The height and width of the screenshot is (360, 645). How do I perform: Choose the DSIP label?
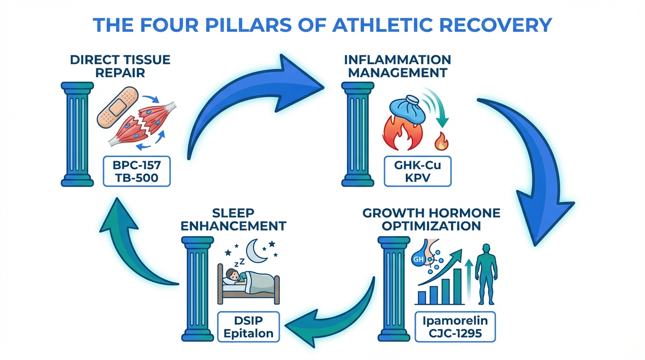tap(249, 321)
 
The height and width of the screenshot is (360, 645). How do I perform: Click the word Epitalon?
tap(249, 334)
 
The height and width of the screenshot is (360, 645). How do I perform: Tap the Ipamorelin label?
tap(456, 321)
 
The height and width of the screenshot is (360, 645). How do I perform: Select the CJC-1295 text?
tap(456, 334)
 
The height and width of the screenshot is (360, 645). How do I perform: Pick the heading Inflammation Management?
tap(397, 66)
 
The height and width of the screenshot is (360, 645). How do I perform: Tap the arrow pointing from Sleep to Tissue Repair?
tap(131, 239)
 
